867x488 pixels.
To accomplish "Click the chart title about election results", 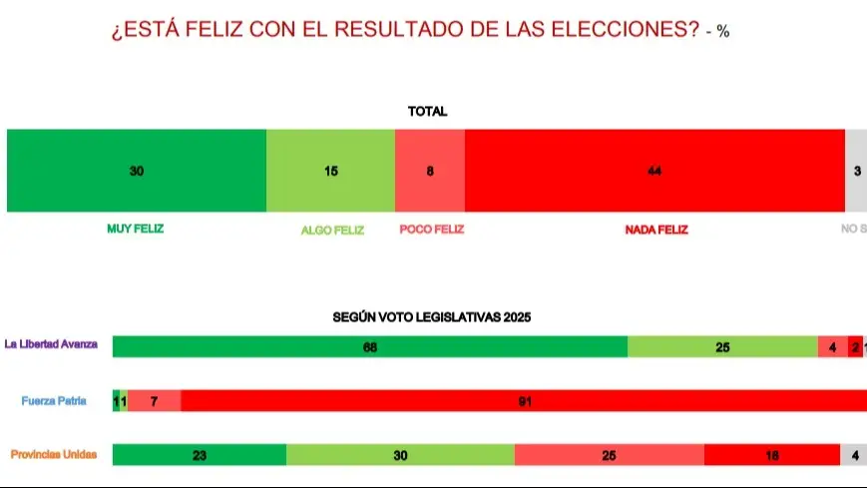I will (407, 30).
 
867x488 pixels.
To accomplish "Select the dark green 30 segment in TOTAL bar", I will (137, 171).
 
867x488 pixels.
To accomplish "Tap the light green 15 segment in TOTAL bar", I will (330, 171).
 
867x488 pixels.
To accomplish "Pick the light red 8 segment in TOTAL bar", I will (430, 171).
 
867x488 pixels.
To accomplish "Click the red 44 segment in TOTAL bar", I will (654, 171).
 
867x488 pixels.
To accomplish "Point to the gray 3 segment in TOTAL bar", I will (856, 171).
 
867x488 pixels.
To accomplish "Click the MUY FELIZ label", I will (135, 229).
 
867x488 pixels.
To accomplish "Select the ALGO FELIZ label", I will (332, 230).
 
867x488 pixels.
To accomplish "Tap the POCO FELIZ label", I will (431, 229).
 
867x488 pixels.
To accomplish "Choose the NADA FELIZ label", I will (656, 230).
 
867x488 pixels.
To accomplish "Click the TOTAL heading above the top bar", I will (427, 112).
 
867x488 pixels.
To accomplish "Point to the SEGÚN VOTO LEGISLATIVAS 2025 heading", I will (431, 317).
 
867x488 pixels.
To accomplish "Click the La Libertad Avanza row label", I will (51, 345).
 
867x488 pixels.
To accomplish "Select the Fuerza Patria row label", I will (54, 401).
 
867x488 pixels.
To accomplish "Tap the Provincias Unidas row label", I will (54, 454).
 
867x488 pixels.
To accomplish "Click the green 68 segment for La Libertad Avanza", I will (370, 347).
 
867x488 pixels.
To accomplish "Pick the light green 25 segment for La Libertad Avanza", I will (722, 347).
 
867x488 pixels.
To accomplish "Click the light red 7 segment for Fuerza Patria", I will (155, 401).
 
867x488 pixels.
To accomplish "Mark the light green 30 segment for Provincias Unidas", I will (400, 455).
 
